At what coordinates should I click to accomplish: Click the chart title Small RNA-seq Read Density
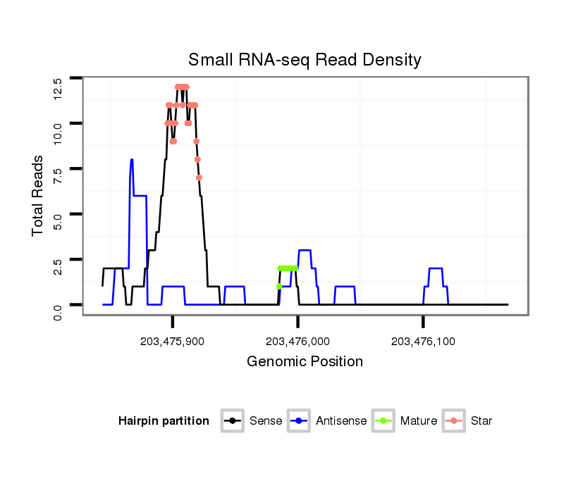point(305,59)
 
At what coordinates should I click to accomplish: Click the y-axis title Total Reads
point(37,195)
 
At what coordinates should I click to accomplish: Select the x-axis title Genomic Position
point(305,362)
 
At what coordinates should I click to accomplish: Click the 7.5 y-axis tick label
point(57,175)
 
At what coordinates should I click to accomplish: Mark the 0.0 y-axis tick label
point(57,311)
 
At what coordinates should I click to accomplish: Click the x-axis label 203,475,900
point(172,342)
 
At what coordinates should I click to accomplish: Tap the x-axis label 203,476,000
point(297,342)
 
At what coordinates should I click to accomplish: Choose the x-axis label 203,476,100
point(423,342)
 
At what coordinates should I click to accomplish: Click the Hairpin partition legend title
point(164,421)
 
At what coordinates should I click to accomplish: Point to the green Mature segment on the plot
point(288,268)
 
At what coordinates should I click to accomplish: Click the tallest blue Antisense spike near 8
point(132,161)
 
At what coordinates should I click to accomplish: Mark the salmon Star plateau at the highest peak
point(182,87)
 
